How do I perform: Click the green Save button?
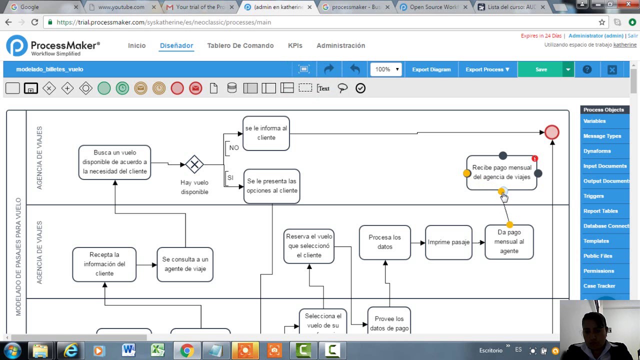541,69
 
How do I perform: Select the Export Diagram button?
431,69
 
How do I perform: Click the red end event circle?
551,132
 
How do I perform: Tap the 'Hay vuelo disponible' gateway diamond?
194,164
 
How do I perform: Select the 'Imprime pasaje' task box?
448,242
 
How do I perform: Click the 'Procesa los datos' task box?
384,242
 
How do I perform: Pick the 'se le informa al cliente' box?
266,133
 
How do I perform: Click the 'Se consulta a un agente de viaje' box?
185,264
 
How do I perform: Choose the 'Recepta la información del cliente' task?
104,264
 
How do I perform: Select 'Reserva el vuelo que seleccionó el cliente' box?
309,246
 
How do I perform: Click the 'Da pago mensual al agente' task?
509,242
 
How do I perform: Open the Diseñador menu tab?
176,45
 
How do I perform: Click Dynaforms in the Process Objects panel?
597,151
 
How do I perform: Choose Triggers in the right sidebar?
593,196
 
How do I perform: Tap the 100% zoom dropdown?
386,69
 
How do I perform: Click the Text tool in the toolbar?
323,88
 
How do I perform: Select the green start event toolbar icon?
104,88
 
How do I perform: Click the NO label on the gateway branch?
234,148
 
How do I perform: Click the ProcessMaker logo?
53,46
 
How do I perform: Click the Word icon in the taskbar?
128,350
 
